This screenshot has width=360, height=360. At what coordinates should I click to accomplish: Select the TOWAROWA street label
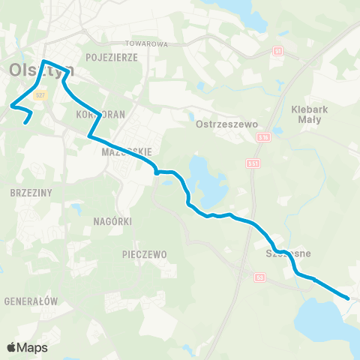146,44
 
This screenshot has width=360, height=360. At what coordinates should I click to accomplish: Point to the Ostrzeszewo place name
226,124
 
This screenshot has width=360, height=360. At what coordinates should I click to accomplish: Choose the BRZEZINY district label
31,192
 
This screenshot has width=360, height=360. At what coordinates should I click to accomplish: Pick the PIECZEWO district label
144,254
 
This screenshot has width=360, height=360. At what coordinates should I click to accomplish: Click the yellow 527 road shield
41,95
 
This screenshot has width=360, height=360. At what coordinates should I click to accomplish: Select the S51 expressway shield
253,163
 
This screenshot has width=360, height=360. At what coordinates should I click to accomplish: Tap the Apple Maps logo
27,347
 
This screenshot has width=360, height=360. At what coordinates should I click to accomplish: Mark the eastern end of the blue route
348,298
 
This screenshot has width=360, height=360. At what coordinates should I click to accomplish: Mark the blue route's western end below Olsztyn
26,122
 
